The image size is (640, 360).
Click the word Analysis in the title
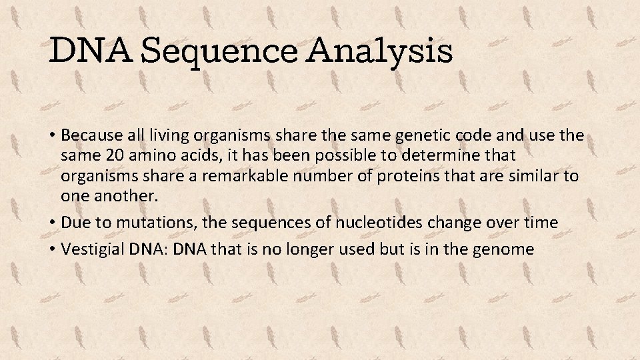coord(387,51)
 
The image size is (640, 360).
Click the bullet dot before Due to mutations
coord(52,223)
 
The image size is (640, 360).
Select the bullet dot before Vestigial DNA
coord(52,249)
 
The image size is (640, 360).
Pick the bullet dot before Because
coord(52,135)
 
